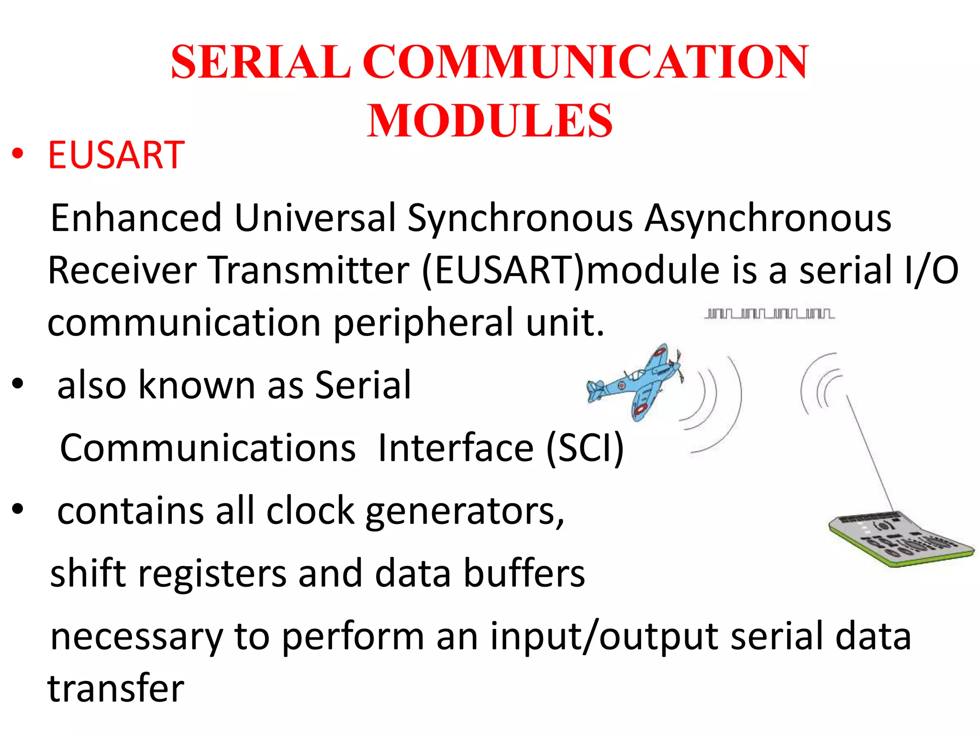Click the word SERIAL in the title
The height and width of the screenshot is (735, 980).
pos(261,62)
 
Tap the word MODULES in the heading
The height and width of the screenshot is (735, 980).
pos(490,121)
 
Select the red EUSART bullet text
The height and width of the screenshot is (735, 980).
pos(116,155)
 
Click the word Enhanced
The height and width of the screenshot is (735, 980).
pos(136,218)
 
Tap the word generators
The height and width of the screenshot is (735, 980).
pos(464,511)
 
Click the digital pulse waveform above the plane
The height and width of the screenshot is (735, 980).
pos(769,314)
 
